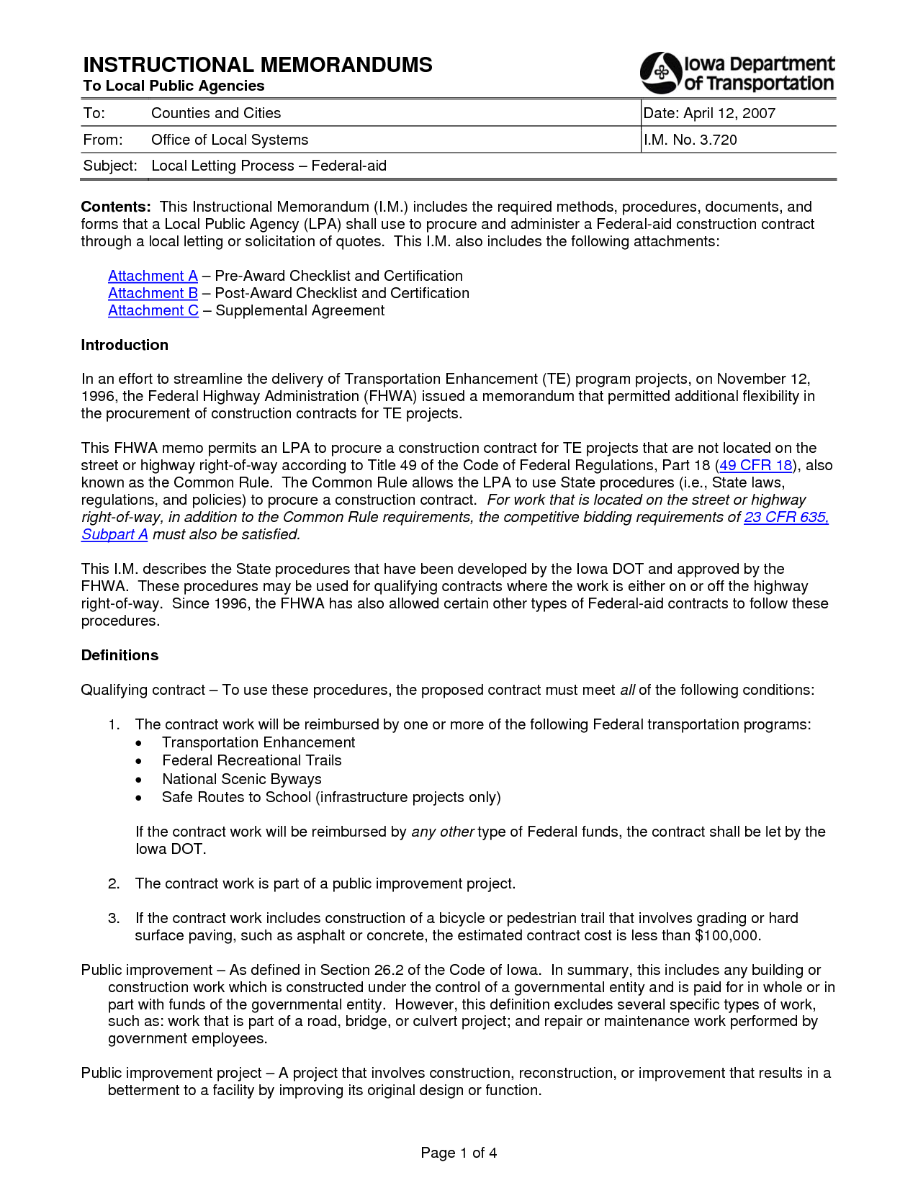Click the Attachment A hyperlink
pyautogui.click(x=153, y=276)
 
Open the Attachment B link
pyautogui.click(x=153, y=293)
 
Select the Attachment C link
pyautogui.click(x=153, y=310)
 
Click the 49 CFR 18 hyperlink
pyautogui.click(x=755, y=465)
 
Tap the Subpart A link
pyautogui.click(x=114, y=534)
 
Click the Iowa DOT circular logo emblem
pyautogui.click(x=661, y=73)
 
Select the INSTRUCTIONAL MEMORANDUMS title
pyautogui.click(x=258, y=65)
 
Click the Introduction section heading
pyautogui.click(x=125, y=345)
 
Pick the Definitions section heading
pyautogui.click(x=120, y=655)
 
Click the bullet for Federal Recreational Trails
pyautogui.click(x=139, y=761)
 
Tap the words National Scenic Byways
pyautogui.click(x=241, y=779)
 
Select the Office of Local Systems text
pyautogui.click(x=230, y=140)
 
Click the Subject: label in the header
pyautogui.click(x=110, y=166)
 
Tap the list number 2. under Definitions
pyautogui.click(x=114, y=883)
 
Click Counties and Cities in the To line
pyautogui.click(x=216, y=113)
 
